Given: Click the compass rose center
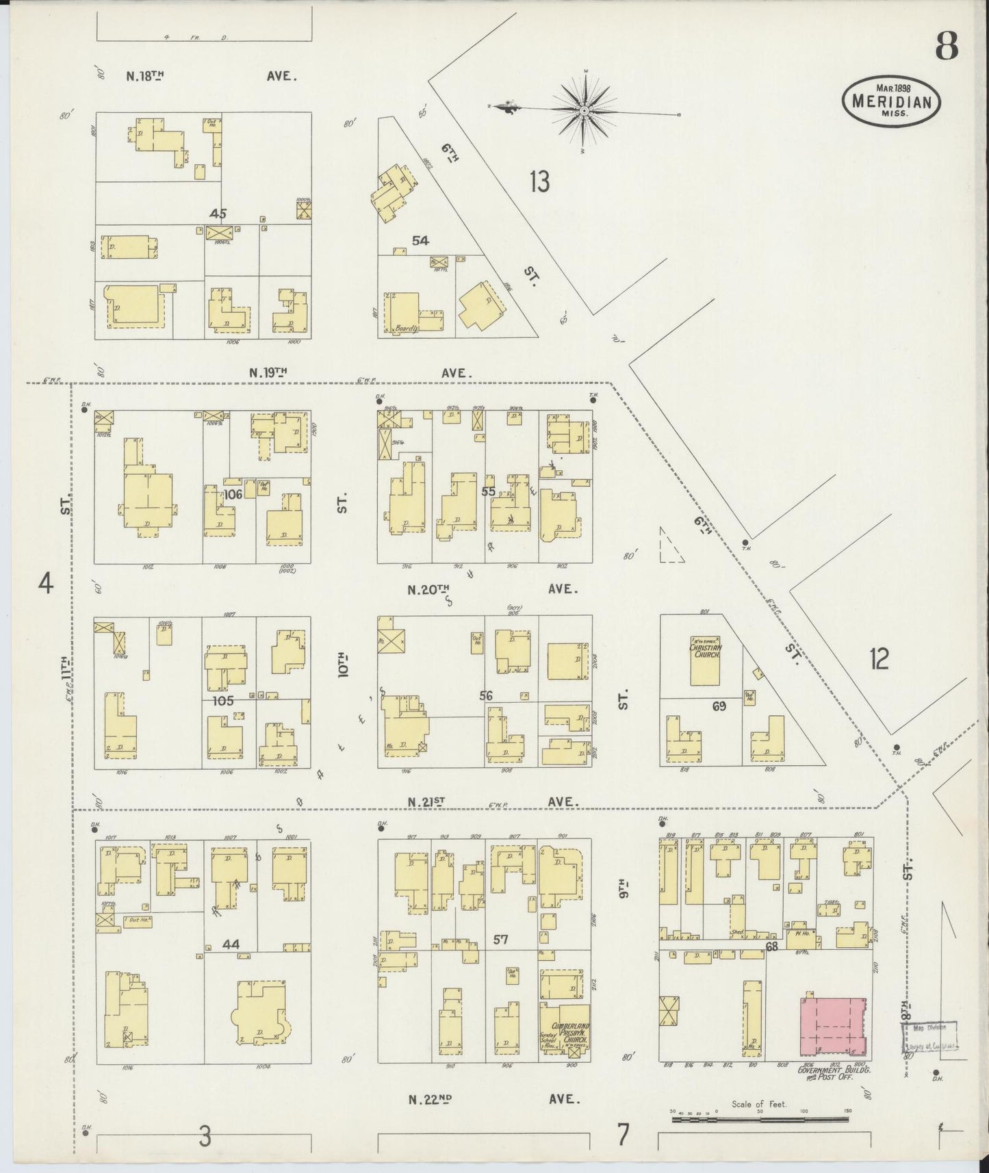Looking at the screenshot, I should point(585,111).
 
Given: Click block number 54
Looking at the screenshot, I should point(420,240).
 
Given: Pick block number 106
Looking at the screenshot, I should point(233,494).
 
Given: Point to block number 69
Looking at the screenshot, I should point(718,706).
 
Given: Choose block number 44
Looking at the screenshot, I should point(231,944).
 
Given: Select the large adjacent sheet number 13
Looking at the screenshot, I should point(539,181).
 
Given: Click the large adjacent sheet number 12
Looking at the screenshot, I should point(879,659).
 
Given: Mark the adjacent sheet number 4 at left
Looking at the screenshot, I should point(45,585).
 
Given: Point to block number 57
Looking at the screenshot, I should point(501,940).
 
